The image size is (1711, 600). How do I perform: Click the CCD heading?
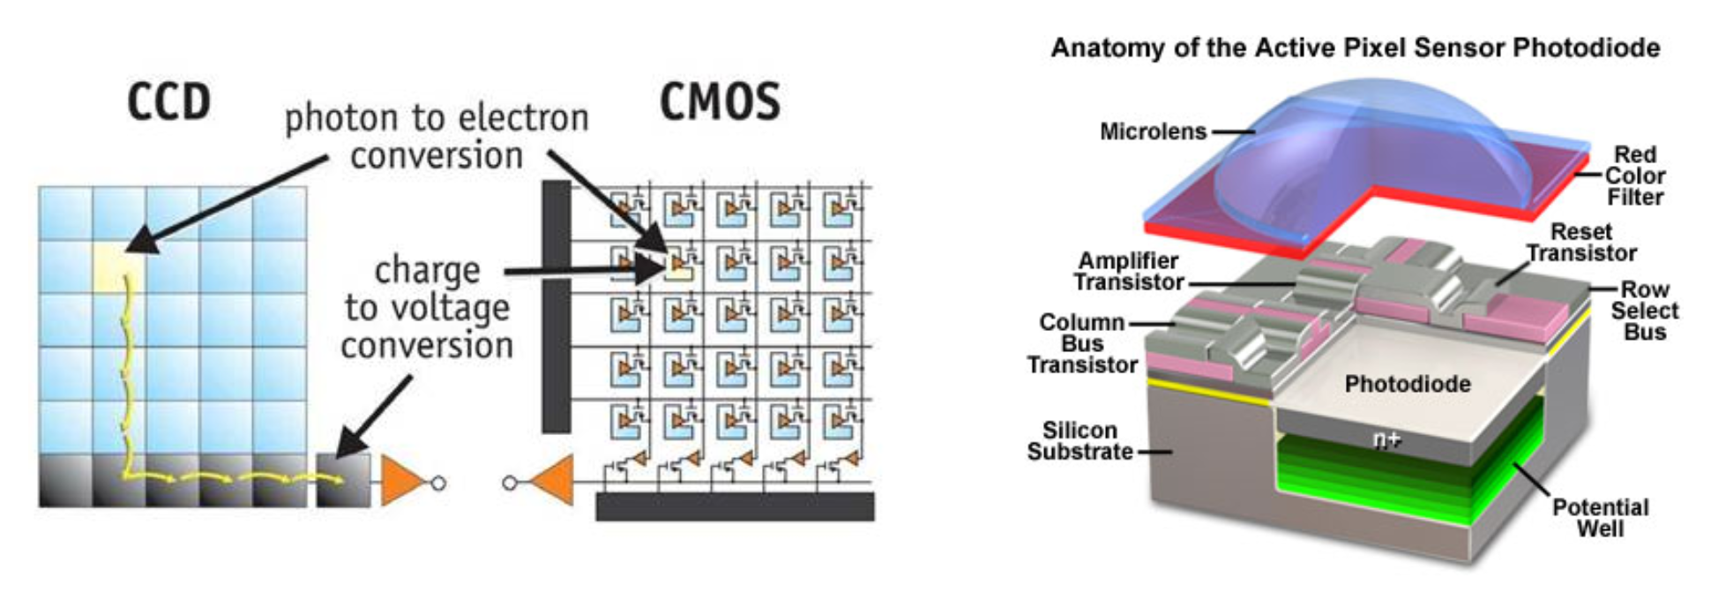(x=168, y=102)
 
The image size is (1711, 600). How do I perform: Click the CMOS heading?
(x=720, y=102)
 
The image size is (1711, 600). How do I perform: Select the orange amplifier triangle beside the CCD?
(x=401, y=481)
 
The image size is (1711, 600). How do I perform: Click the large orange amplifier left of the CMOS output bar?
(x=552, y=481)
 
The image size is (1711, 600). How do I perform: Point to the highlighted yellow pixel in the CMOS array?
(x=677, y=266)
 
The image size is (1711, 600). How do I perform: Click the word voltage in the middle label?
(x=449, y=308)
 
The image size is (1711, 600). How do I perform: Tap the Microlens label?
(x=1153, y=131)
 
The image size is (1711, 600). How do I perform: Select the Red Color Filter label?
(x=1635, y=176)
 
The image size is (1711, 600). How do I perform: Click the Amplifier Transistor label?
(x=1129, y=271)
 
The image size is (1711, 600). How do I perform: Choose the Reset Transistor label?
(x=1581, y=243)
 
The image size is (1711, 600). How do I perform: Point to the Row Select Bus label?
(x=1644, y=311)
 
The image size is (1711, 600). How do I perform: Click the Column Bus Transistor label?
(x=1082, y=343)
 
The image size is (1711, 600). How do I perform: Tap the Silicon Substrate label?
(x=1080, y=440)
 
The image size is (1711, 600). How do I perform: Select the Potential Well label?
(x=1600, y=518)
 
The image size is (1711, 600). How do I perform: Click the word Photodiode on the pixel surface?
(x=1408, y=384)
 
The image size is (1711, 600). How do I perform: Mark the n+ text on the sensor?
(x=1386, y=439)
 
